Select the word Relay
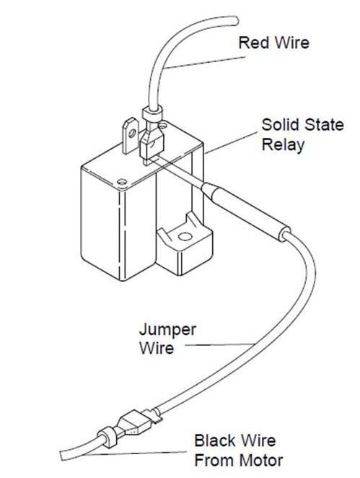coord(284,145)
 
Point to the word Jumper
coord(167,330)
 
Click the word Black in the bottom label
coord(215,440)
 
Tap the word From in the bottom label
coord(214,461)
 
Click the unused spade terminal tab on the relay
coord(131,136)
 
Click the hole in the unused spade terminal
coord(132,133)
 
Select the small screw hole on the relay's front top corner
coord(122,182)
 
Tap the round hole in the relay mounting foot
coord(185,236)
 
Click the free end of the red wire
coord(234,21)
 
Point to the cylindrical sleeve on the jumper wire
coord(245,212)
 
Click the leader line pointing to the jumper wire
coord(219,345)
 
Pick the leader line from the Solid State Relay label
coord(232,143)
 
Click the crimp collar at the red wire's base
coord(152,114)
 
